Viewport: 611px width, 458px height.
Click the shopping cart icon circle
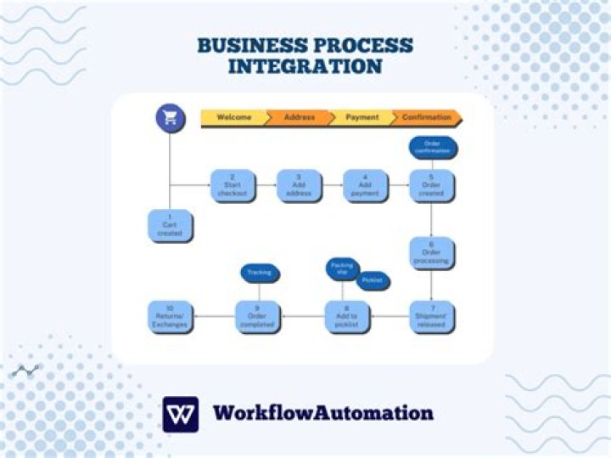(170, 118)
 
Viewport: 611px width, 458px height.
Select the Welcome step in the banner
(234, 117)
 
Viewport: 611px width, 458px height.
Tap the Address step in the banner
(299, 117)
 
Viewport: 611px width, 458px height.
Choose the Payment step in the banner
(362, 117)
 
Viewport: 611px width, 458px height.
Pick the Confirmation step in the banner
(427, 117)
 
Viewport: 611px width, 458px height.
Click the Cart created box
(170, 226)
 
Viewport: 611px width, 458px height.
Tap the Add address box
(300, 185)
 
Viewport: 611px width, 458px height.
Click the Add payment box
(365, 185)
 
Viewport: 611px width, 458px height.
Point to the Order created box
(431, 185)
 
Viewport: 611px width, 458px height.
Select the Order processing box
(431, 252)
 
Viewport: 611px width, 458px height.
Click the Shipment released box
(431, 316)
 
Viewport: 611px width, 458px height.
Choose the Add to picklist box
(345, 316)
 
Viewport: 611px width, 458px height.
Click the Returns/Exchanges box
(170, 316)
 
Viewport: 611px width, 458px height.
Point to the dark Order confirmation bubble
(433, 148)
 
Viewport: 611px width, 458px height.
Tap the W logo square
(180, 414)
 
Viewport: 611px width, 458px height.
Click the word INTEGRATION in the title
(305, 66)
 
